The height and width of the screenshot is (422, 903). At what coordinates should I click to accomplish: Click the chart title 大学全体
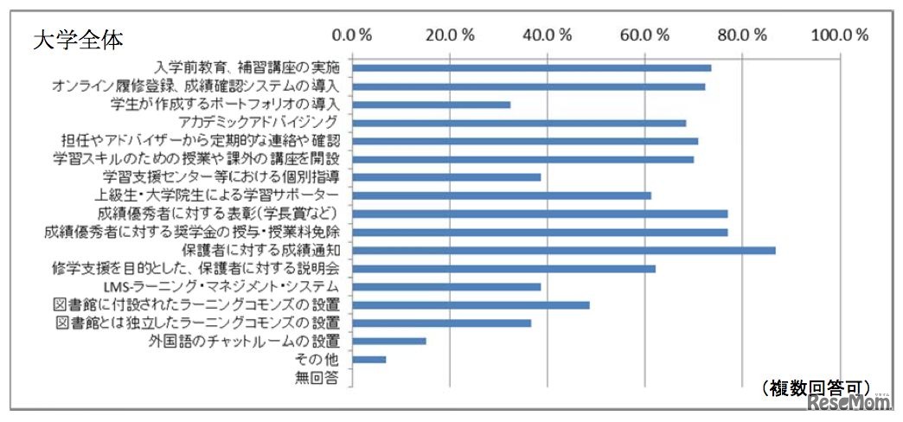pos(78,40)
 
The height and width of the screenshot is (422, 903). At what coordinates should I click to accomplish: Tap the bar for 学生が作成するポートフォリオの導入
pos(432,105)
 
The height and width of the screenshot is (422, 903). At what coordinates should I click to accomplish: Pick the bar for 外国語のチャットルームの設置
pos(389,341)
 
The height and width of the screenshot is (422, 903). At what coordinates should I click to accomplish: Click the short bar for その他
pos(369,359)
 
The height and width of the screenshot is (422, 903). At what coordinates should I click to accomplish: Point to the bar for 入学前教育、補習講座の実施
pos(532,67)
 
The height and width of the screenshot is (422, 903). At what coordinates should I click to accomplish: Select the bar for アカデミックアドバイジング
pos(519,123)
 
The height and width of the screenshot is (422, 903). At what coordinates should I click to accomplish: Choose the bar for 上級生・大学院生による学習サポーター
pos(502,195)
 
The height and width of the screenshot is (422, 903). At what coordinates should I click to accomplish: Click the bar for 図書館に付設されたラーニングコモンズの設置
pos(471,304)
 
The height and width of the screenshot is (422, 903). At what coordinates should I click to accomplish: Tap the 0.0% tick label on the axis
pos(352,35)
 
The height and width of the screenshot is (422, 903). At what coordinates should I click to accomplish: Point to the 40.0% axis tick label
pos(548,35)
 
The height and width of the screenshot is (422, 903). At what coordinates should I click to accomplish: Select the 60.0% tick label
pos(645,35)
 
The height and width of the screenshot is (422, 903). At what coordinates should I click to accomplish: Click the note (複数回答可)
pos(817,387)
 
